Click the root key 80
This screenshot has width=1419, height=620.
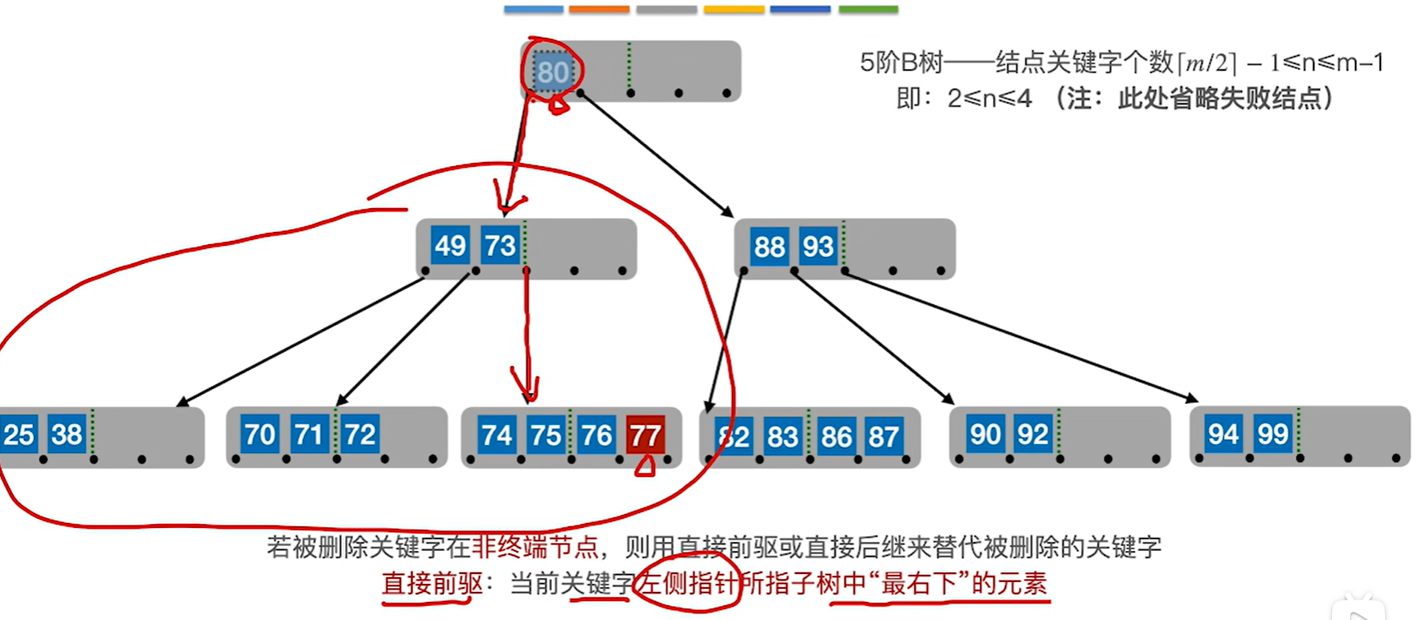click(x=553, y=72)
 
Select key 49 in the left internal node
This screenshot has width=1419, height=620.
click(x=450, y=245)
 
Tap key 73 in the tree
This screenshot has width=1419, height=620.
click(x=499, y=245)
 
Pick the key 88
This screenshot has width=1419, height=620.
click(x=769, y=246)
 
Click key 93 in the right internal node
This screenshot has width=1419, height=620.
click(x=818, y=246)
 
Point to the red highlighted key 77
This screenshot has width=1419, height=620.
click(x=645, y=435)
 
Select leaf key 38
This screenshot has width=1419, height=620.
click(x=67, y=433)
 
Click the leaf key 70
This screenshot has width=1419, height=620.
click(x=259, y=433)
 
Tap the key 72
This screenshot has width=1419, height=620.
click(x=359, y=433)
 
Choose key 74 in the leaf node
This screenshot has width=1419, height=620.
click(x=497, y=434)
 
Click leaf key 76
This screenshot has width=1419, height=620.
click(x=596, y=434)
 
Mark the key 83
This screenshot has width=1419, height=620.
click(x=782, y=436)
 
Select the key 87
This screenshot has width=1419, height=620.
click(x=883, y=436)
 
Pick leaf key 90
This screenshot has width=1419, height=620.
click(x=985, y=434)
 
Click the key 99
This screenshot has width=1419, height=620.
click(x=1273, y=433)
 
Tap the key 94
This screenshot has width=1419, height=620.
click(x=1223, y=433)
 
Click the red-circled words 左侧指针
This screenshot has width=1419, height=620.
click(x=688, y=583)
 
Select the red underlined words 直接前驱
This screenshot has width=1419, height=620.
click(x=432, y=583)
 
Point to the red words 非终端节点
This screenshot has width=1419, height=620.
click(x=536, y=547)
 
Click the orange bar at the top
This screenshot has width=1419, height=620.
click(x=599, y=10)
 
